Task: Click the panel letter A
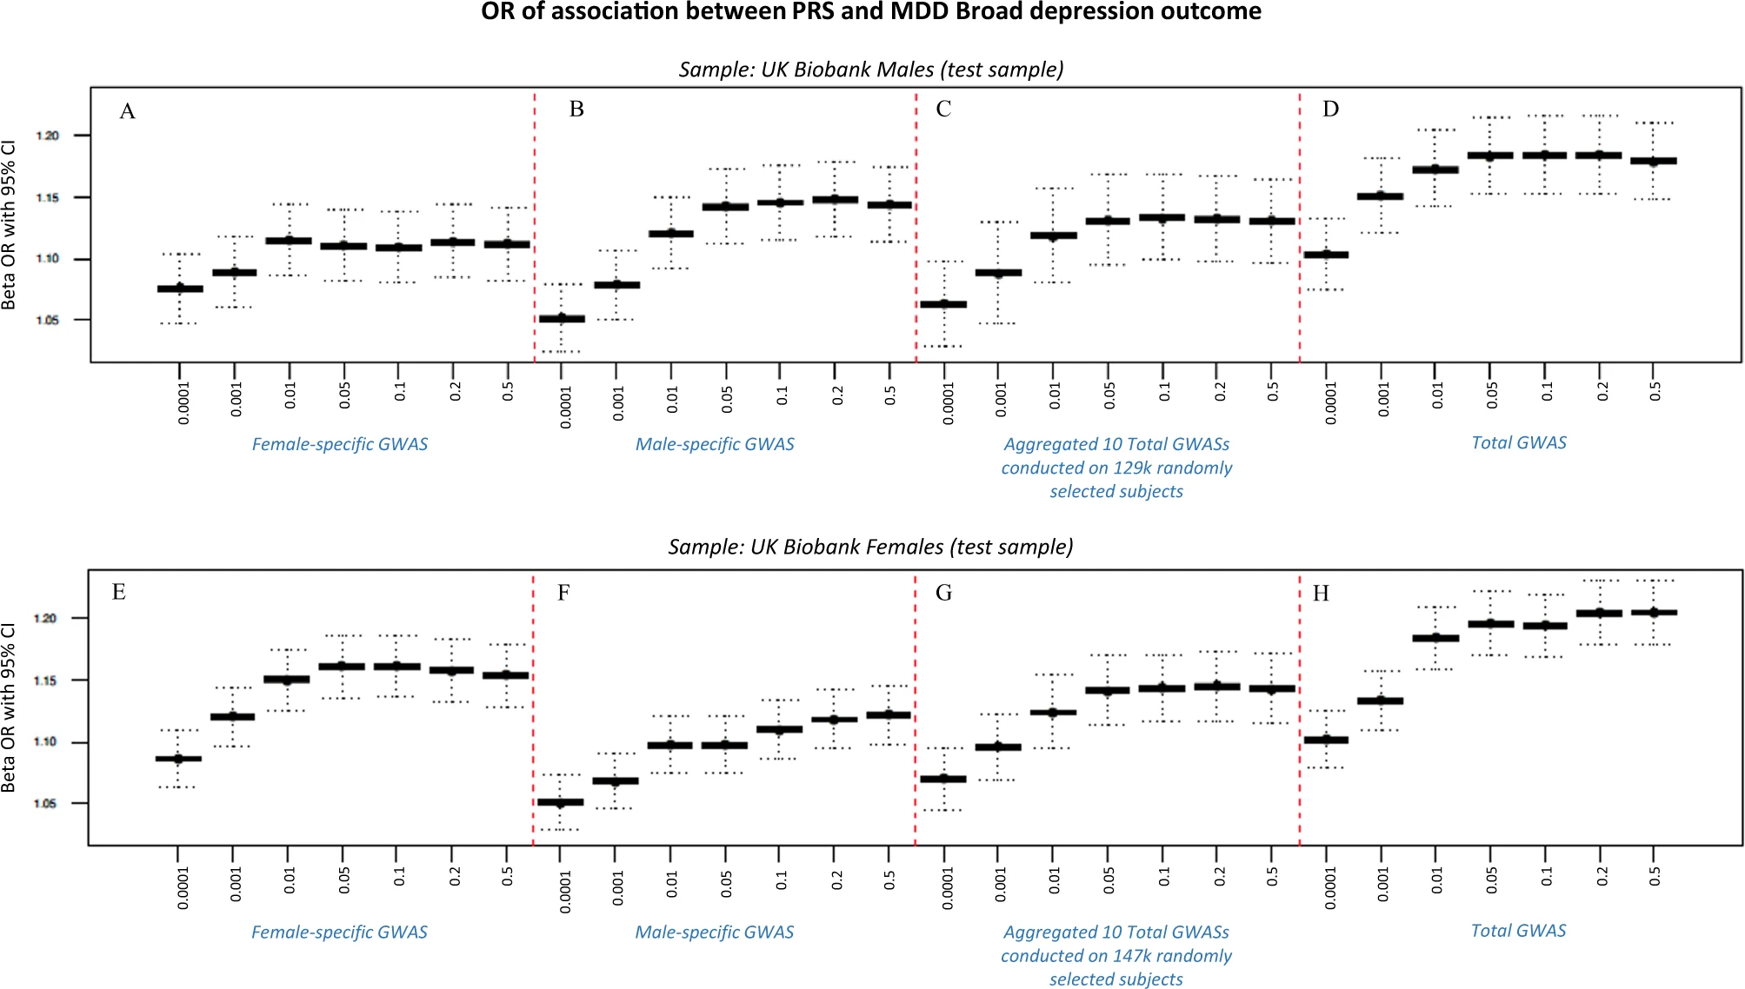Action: point(128,111)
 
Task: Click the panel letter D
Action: point(1330,110)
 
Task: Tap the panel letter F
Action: point(563,593)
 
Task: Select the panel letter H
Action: point(1321,594)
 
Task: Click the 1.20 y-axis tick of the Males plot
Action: point(47,136)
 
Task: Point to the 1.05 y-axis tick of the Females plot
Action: point(45,804)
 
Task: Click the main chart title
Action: point(871,12)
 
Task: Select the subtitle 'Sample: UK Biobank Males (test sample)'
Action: point(871,70)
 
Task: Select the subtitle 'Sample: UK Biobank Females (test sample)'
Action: point(870,547)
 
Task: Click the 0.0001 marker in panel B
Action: point(562,319)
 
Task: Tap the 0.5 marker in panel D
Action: point(1654,161)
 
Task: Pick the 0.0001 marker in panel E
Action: point(178,759)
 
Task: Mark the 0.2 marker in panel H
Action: point(1599,613)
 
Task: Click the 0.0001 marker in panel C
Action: point(943,304)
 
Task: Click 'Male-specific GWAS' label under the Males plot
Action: point(715,444)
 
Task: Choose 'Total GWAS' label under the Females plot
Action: point(1518,931)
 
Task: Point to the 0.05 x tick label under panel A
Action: point(345,395)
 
